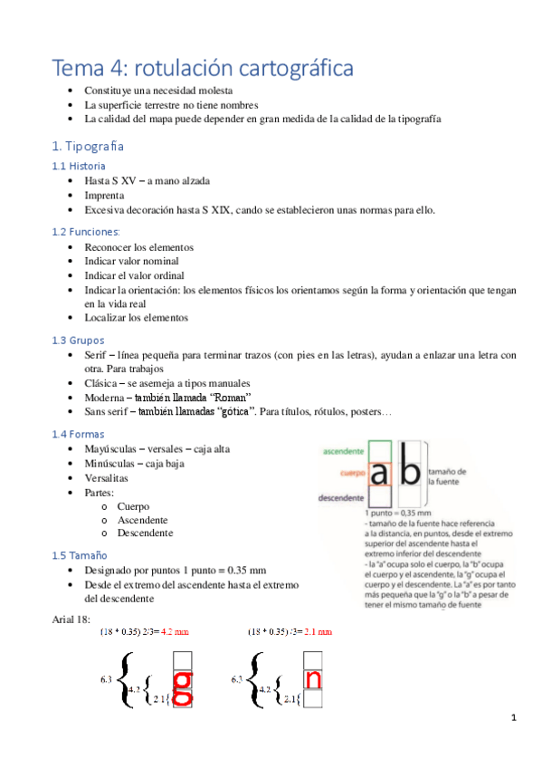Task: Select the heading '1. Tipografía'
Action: coord(88,146)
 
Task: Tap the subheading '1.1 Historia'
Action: coord(79,166)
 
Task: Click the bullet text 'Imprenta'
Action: coord(105,196)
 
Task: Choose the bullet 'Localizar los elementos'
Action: coord(136,318)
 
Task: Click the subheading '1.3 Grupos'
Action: coord(79,340)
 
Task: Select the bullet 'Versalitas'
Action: coord(106,477)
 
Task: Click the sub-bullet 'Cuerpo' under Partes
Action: coord(133,506)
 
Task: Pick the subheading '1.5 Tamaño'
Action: coord(80,554)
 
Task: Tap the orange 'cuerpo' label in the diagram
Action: coord(352,473)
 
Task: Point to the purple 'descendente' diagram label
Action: coord(341,497)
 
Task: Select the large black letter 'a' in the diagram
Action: coord(381,475)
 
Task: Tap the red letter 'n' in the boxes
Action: coord(314,677)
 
